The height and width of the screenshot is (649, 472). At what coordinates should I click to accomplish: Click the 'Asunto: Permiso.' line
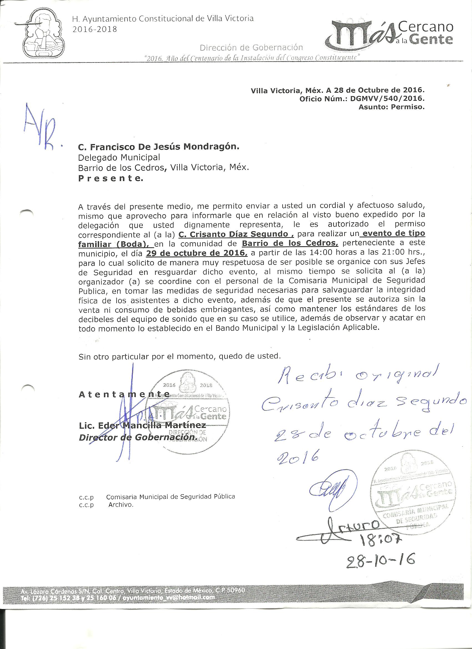point(391,107)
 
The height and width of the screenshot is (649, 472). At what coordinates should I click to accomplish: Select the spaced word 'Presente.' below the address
point(110,178)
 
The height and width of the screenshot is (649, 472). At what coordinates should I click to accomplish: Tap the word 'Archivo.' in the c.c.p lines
point(121,504)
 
